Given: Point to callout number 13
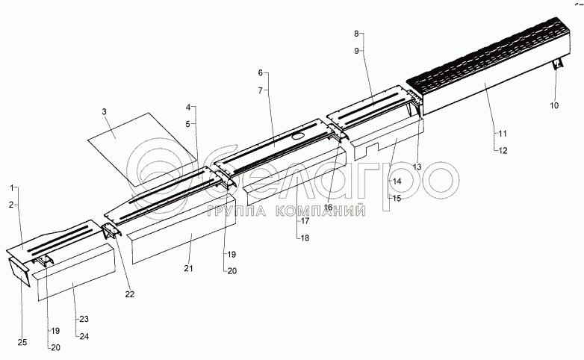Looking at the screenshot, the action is [416, 166].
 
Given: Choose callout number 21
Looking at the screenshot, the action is [188, 268].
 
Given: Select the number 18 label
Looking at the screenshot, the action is [304, 237].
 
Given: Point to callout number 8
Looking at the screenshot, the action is [356, 34].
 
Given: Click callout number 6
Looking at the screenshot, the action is [260, 73].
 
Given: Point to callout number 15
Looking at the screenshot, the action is [396, 198].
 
